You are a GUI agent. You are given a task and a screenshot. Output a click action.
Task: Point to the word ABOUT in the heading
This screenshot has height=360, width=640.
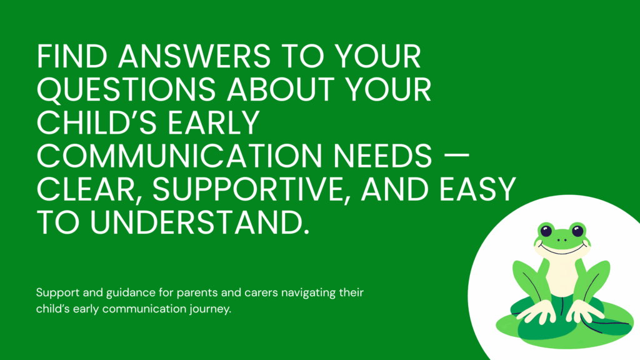tap(281, 89)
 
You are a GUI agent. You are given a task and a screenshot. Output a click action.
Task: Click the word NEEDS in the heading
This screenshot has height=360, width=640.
tap(382, 156)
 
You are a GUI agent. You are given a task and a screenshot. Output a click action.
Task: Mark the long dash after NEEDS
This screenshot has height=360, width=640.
tap(456, 156)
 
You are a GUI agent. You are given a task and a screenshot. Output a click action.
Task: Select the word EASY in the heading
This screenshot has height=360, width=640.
tap(477, 189)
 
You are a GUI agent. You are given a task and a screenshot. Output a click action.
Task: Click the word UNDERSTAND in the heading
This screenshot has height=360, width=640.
tap(199, 223)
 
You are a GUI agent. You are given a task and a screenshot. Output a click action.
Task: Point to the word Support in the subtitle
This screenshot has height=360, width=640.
tap(57, 293)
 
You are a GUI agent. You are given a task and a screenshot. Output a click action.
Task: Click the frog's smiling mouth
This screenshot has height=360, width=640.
tap(562, 248)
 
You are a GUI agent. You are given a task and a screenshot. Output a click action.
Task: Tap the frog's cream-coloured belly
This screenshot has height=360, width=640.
tap(562, 276)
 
